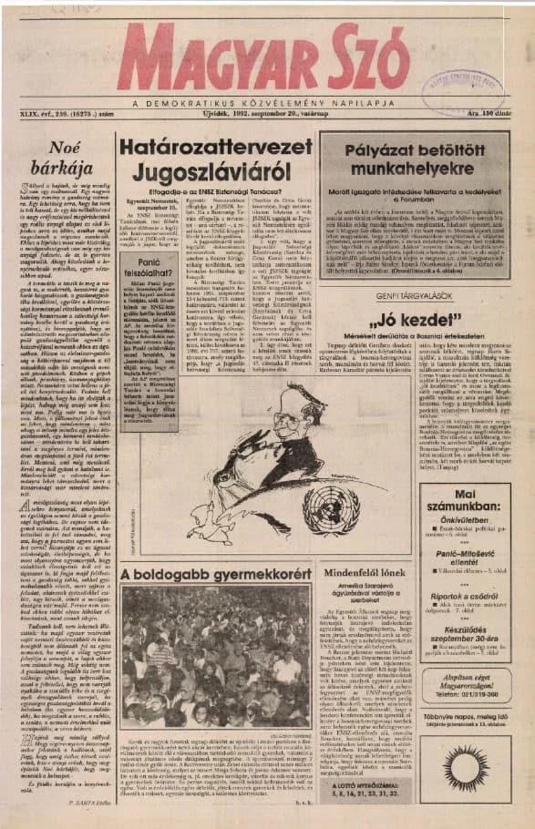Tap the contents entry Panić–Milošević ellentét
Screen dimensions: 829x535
tap(465, 573)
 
